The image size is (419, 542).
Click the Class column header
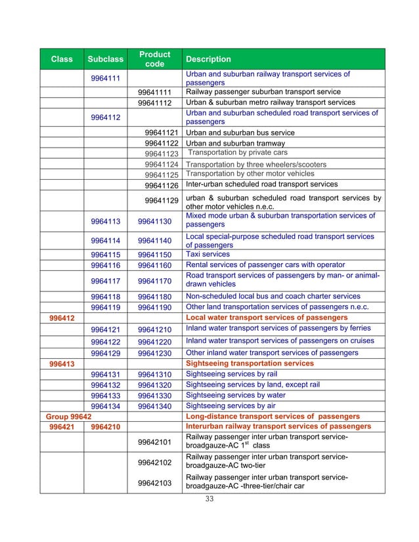coord(62,59)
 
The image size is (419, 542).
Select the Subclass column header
coord(105,59)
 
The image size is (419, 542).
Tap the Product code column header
coord(155,59)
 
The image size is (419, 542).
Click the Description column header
coord(209,59)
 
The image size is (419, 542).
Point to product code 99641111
coord(154,93)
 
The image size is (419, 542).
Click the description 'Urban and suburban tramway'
coord(236,143)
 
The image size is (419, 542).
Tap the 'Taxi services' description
coord(208,255)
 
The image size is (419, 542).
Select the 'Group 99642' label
coord(68,417)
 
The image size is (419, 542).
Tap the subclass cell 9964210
coord(105,427)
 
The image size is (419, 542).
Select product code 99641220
coord(154,341)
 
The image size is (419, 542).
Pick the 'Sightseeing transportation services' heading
coord(250,364)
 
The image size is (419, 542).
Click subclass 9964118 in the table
coord(105,296)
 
